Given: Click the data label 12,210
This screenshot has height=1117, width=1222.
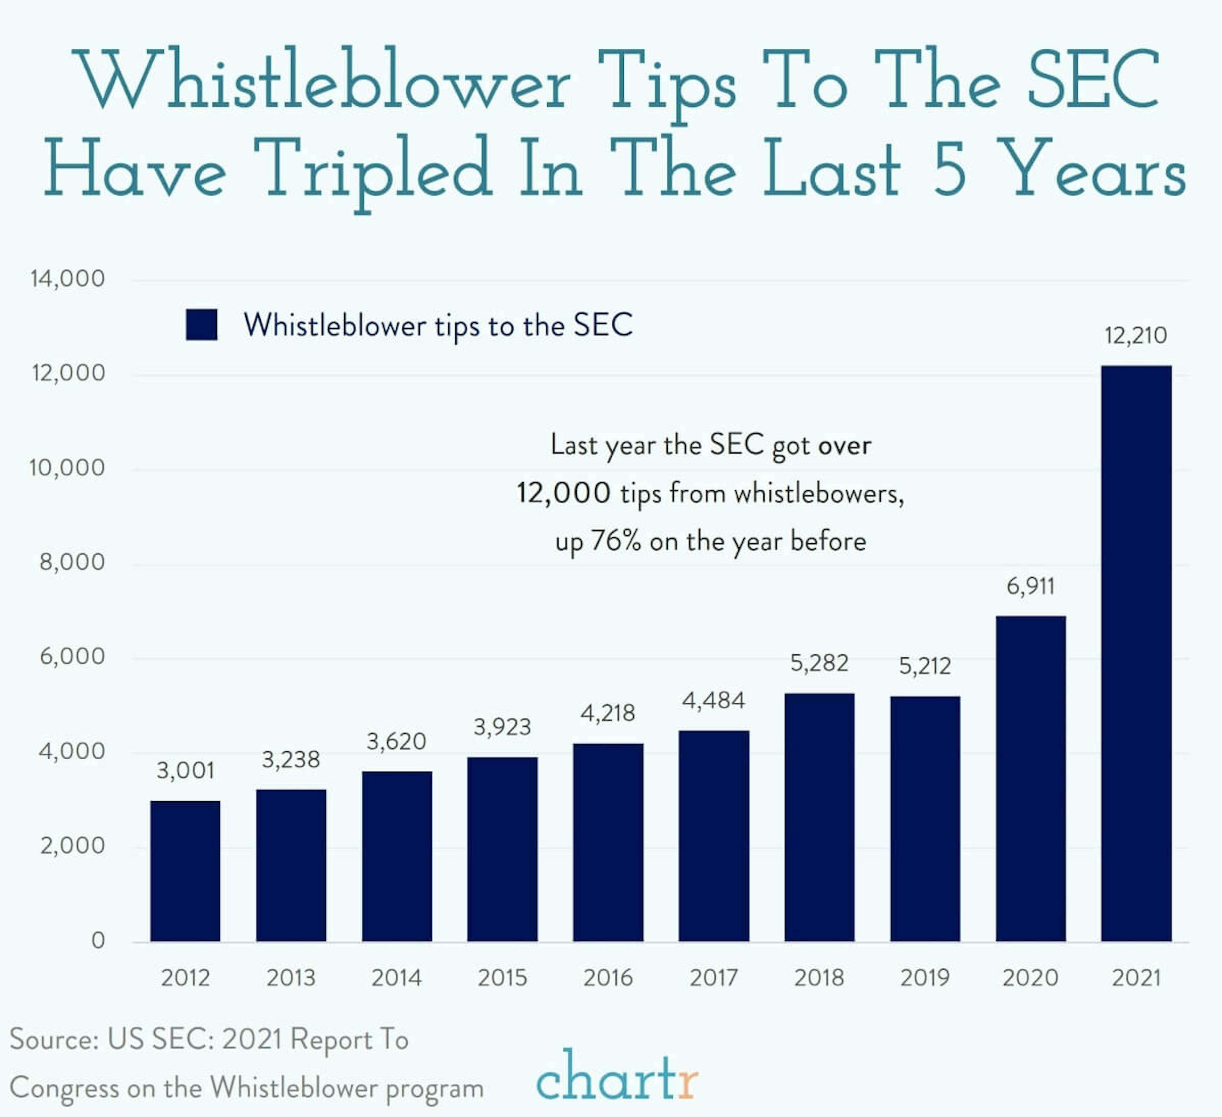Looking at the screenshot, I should tap(1135, 335).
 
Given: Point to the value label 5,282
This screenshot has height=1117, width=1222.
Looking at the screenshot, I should tap(819, 663).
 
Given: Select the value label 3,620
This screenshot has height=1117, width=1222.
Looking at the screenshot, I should tap(397, 741).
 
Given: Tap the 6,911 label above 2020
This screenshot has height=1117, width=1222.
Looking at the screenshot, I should tap(1030, 586).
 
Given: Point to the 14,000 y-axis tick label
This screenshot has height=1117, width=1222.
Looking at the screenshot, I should tap(67, 279).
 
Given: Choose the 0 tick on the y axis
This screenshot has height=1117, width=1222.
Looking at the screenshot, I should tap(98, 940).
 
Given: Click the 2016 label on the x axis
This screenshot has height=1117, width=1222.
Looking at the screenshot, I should tap(607, 978).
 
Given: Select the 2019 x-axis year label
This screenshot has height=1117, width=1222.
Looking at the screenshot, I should tap(924, 978).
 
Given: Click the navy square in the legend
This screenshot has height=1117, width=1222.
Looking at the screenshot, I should tap(201, 325).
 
